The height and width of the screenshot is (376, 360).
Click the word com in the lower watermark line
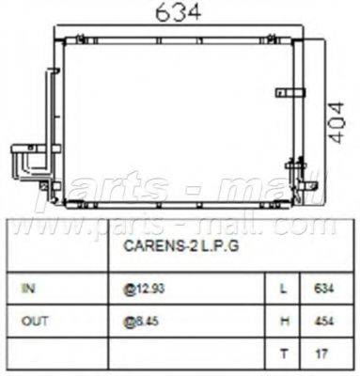320,226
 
